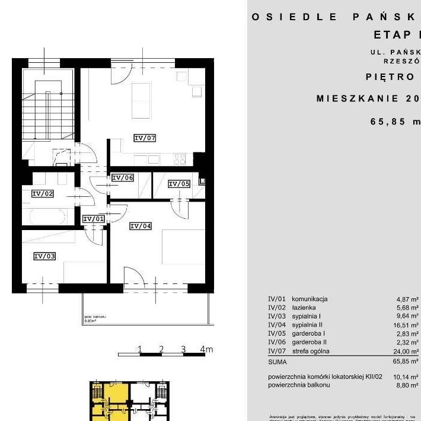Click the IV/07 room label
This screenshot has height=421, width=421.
tap(145, 138)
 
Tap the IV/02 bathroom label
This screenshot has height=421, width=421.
tap(43, 193)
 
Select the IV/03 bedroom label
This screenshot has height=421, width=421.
tap(44, 256)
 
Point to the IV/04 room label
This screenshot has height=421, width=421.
tap(141, 226)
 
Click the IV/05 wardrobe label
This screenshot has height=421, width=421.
tap(179, 184)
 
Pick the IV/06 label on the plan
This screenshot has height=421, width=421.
tap(123, 177)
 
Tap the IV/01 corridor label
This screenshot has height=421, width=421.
tap(93, 219)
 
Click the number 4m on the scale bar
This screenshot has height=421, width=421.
tap(206, 349)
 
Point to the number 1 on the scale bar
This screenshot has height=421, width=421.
tap(140, 349)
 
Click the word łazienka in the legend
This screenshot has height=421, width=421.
tap(304, 308)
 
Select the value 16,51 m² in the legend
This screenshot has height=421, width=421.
tap(406, 325)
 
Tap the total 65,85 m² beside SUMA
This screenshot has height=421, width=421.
tap(406, 361)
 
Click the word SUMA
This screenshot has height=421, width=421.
tap(277, 361)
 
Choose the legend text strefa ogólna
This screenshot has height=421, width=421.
tap(311, 351)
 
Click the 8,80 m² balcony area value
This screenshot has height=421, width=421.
tap(407, 385)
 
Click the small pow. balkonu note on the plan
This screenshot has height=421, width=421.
tap(95, 318)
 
